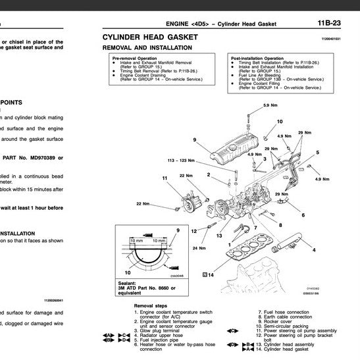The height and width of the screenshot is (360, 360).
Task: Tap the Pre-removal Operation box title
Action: (134, 58)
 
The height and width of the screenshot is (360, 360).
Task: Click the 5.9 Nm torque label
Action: (270, 106)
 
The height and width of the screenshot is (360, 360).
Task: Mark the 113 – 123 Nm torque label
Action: (181, 160)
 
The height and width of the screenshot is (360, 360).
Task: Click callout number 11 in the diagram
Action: (165, 178)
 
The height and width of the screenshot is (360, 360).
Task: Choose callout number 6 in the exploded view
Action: (303, 215)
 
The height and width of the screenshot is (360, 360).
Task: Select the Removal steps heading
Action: (151, 306)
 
